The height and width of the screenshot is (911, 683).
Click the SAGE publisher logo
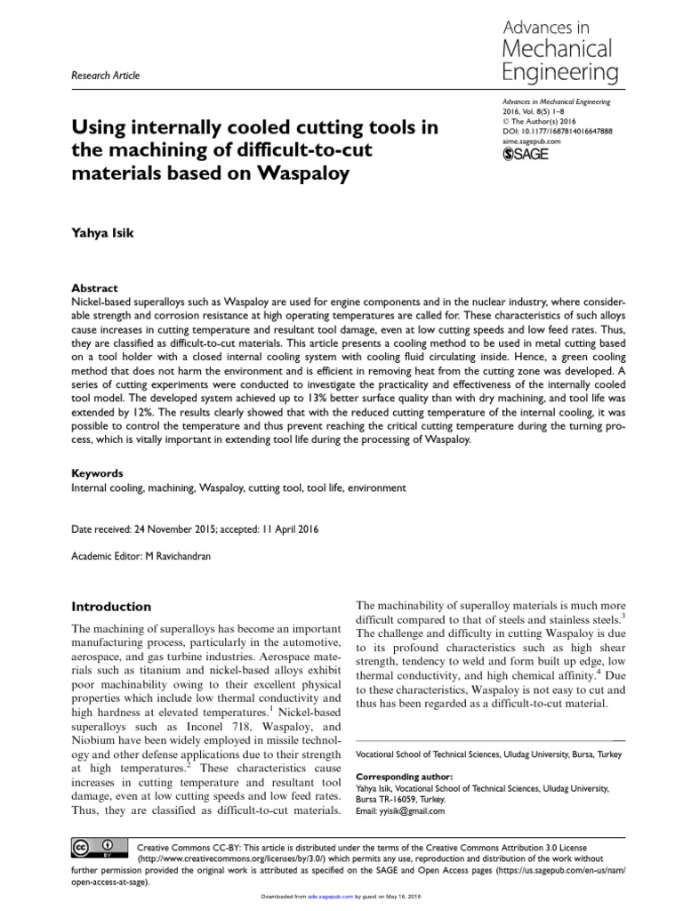[526, 154]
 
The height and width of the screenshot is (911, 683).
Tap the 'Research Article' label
[106, 76]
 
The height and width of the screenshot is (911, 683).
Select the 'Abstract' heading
[94, 288]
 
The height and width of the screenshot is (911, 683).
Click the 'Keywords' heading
[98, 473]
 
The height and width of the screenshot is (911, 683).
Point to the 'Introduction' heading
[111, 607]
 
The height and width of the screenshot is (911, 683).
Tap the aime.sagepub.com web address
[532, 141]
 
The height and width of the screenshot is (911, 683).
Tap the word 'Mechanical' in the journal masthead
[557, 48]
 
